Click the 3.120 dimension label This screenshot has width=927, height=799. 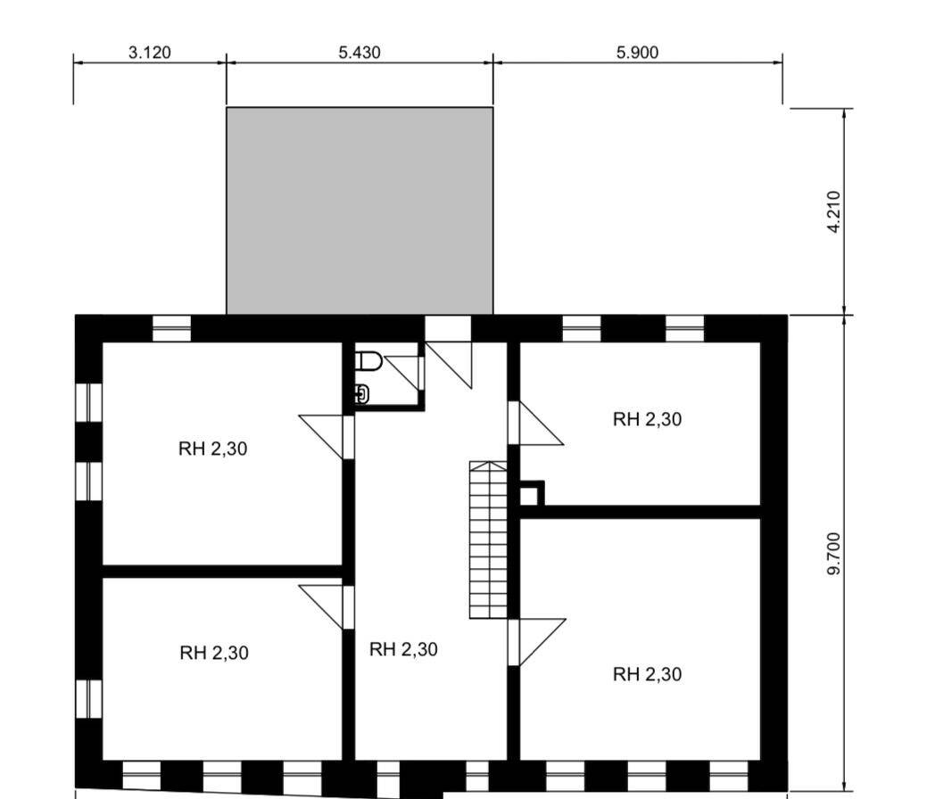(x=149, y=53)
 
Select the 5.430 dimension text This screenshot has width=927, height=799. (x=359, y=53)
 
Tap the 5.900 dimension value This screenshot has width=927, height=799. (x=637, y=53)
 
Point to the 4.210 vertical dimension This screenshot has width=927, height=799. (x=833, y=211)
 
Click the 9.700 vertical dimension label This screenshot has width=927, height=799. (x=833, y=553)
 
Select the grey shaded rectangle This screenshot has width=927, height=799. (x=360, y=210)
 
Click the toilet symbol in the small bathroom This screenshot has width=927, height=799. (x=368, y=362)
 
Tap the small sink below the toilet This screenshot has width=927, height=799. (x=361, y=393)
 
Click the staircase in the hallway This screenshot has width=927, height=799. (x=488, y=540)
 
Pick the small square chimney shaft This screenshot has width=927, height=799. (x=530, y=494)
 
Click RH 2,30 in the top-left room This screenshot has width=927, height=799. (x=212, y=449)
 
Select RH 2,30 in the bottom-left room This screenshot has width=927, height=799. (x=214, y=653)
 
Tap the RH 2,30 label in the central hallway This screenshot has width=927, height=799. (x=403, y=649)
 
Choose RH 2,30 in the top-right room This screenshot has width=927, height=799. (x=647, y=419)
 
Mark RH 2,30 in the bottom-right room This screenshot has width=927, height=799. (x=647, y=674)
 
